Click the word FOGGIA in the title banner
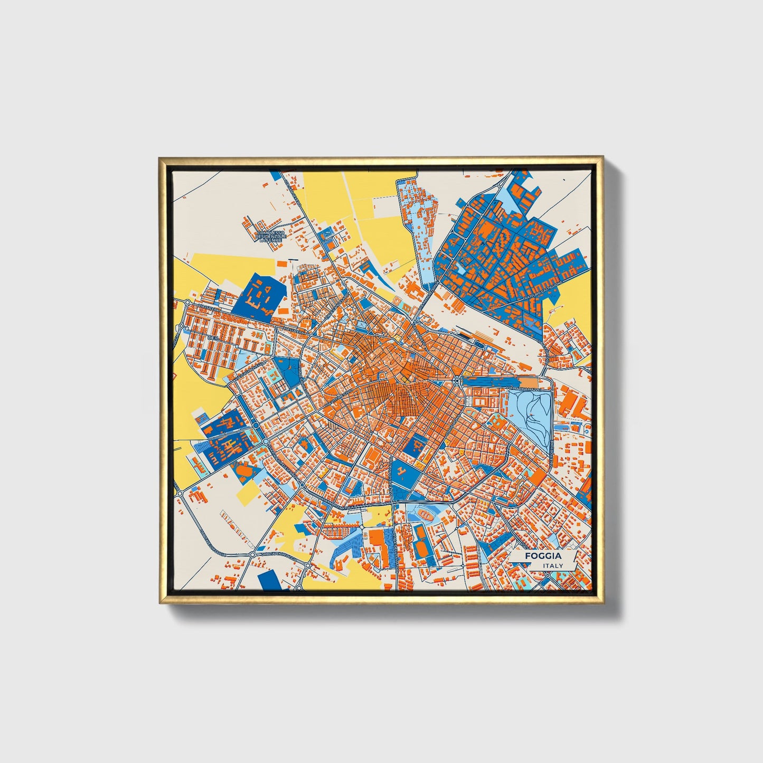(x=543, y=556)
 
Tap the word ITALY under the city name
(x=553, y=566)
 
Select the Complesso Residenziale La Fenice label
(x=271, y=236)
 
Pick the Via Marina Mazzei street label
(x=527, y=389)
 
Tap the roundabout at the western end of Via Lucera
(x=187, y=303)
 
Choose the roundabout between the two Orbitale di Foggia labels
(x=252, y=555)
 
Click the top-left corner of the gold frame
(x=159, y=158)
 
